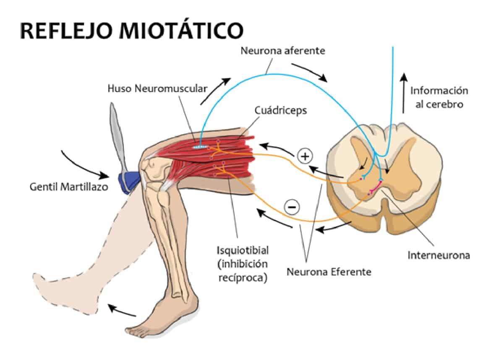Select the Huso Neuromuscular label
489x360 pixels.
[157, 89]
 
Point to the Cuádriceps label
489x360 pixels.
[281, 111]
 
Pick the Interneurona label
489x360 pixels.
[439, 255]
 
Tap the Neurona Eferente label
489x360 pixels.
[329, 272]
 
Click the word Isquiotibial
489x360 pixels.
[242, 250]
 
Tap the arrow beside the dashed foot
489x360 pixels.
[122, 311]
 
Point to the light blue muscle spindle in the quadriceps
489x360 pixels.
[201, 147]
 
